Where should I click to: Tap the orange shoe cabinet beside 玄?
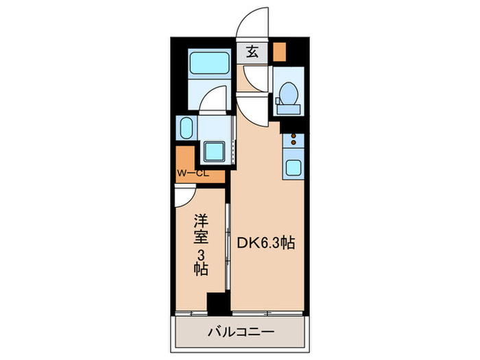click(x=279, y=51)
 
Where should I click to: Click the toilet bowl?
click(x=288, y=91)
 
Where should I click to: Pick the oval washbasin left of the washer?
click(x=187, y=128)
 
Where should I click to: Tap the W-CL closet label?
click(x=193, y=173)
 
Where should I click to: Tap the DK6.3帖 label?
click(x=267, y=243)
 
